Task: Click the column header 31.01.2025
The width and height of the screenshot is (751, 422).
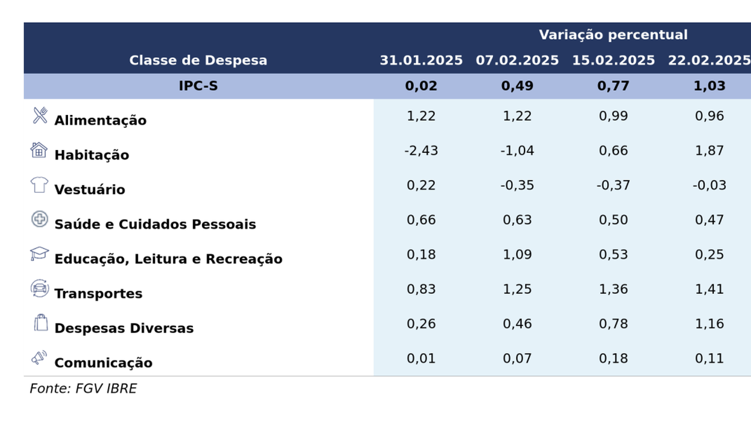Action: click(421, 60)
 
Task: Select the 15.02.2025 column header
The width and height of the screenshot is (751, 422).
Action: click(613, 60)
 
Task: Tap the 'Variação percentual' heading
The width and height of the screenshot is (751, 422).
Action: click(613, 35)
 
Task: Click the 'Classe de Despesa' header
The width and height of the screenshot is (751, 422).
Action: click(198, 60)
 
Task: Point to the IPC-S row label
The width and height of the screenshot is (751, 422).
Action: click(198, 86)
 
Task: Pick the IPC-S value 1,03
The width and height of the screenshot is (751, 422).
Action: click(709, 86)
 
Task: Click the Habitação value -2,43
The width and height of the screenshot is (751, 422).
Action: click(421, 151)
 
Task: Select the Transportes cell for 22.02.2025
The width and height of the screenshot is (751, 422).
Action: click(709, 289)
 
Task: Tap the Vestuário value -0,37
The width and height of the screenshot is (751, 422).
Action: click(613, 185)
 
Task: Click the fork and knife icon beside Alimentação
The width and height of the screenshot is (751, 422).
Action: click(40, 115)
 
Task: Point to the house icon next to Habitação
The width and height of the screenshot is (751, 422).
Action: click(39, 150)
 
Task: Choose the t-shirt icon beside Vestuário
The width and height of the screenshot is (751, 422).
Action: click(39, 185)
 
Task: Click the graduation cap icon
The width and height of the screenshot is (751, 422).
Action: click(39, 254)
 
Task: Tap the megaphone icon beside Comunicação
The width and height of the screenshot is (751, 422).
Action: click(39, 358)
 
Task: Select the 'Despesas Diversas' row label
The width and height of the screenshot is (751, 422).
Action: click(124, 328)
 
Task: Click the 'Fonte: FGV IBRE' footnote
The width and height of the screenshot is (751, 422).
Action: click(83, 389)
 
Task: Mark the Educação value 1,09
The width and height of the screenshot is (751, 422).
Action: click(517, 254)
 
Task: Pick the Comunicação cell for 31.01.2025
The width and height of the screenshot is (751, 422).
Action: click(421, 358)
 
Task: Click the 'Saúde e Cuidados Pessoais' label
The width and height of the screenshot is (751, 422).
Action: click(155, 224)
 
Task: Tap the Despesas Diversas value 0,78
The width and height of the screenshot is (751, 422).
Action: click(613, 324)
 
